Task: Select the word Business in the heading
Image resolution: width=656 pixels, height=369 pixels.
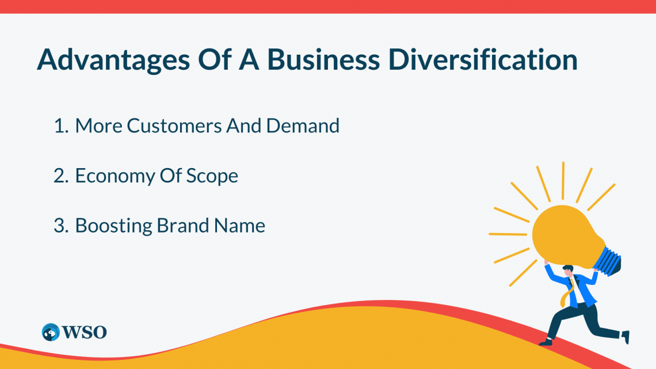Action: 323,59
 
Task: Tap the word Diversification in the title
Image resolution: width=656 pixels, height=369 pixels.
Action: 483,59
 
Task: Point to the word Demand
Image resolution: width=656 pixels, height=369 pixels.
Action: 303,125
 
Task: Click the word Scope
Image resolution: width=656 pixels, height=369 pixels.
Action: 212,176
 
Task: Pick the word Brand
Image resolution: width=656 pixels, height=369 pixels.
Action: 183,225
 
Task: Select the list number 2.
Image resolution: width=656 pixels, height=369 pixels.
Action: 61,176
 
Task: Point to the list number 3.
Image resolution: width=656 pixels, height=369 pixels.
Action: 61,226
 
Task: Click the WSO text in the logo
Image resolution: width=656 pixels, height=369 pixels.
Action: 85,332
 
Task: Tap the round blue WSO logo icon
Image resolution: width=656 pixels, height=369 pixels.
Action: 51,332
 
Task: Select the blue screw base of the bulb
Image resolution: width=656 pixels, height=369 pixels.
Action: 609,261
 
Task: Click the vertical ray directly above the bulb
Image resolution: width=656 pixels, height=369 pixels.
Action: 563,181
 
